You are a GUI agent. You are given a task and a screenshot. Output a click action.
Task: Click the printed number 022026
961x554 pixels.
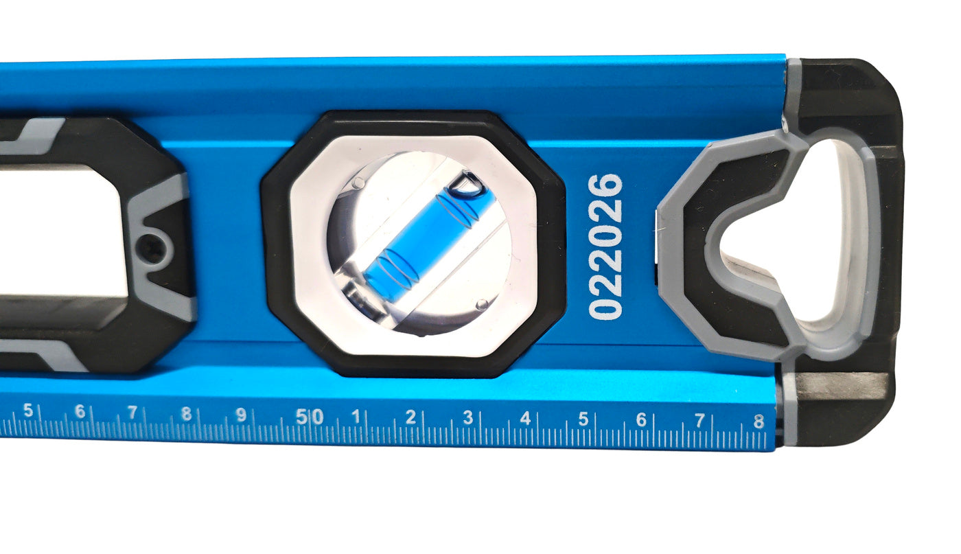pos(605,246)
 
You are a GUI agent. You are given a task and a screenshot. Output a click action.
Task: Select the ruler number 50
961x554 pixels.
pos(310,416)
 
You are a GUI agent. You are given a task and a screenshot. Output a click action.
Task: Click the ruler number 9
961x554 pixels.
pos(241,415)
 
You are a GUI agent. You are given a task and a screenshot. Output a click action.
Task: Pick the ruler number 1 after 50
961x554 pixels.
pos(356,416)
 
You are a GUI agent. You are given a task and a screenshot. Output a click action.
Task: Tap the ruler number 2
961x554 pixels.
pos(410,417)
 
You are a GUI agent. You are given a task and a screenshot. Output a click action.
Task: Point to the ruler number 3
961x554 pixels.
pos(467,417)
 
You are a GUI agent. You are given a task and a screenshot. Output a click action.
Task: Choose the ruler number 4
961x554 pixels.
pos(525,418)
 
